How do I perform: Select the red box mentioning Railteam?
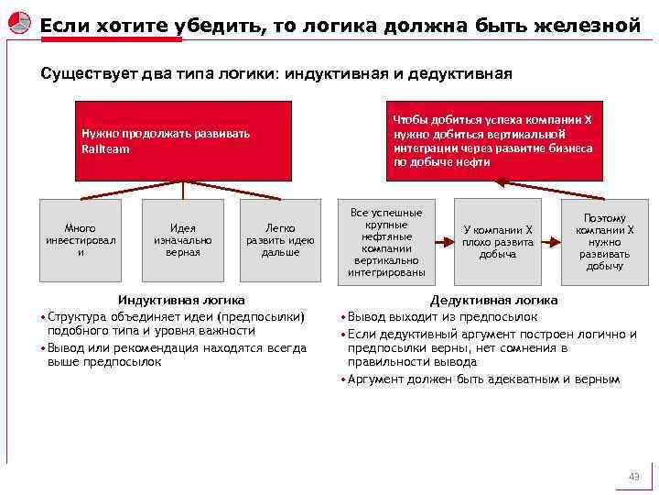183,140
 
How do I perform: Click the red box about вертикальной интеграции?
493,140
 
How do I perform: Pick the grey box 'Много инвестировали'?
81,240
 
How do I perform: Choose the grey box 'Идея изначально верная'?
183,240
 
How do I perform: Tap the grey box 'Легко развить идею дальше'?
280,240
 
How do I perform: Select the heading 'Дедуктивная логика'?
493,300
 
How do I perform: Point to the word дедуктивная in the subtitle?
460,72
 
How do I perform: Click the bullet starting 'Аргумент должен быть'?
486,379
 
